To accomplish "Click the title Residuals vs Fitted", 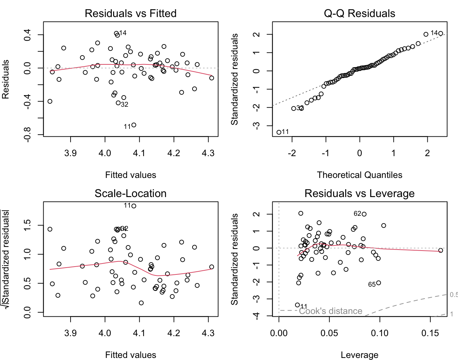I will click(x=131, y=13).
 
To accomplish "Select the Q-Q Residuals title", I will click(x=360, y=13).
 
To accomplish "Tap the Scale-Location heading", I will click(x=131, y=193).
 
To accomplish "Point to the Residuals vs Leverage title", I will click(x=360, y=193).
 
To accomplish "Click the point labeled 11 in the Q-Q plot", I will click(x=279, y=132).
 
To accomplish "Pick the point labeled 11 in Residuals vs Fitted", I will click(x=134, y=125).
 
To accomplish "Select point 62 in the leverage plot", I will click(x=364, y=214).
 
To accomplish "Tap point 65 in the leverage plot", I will click(x=379, y=283).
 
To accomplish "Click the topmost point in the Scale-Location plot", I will click(x=134, y=206).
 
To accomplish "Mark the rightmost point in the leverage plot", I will click(x=441, y=251).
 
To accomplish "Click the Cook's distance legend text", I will click(x=330, y=311).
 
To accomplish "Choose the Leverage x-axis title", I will click(x=360, y=355).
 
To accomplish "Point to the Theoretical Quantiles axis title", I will click(x=360, y=175).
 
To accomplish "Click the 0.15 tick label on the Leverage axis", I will click(x=430, y=333).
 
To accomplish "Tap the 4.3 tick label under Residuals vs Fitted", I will click(x=208, y=153).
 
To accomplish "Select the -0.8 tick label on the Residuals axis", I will click(x=27, y=134).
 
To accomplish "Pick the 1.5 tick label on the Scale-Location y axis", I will click(x=27, y=225).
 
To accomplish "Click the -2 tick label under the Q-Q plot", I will click(x=292, y=153).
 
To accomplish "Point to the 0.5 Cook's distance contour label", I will click(x=454, y=295).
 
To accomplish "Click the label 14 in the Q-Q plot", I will click(x=434, y=33).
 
